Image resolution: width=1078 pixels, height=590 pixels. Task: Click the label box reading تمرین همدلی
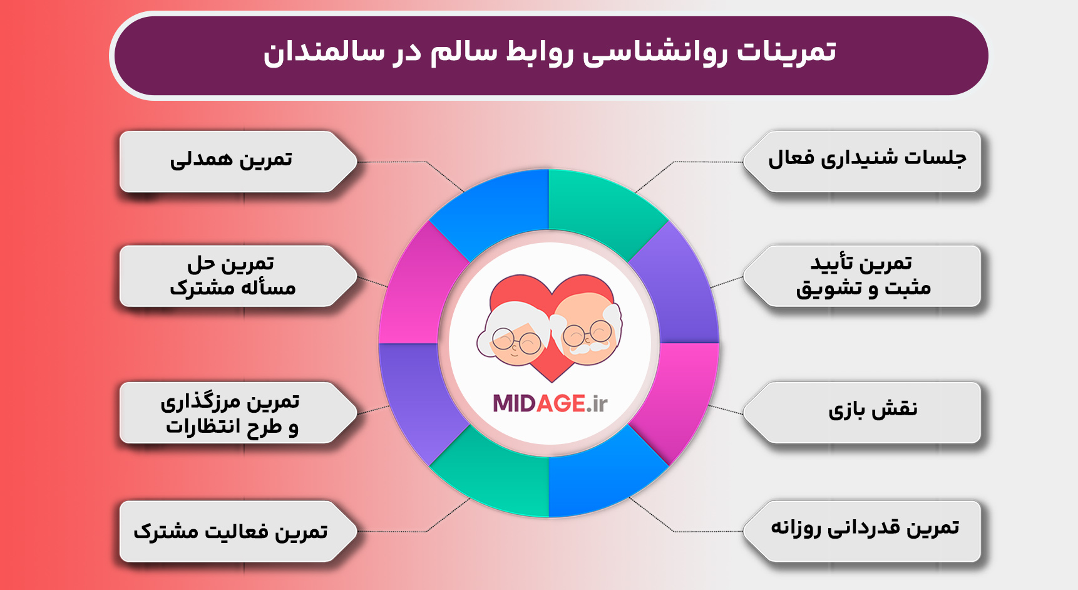pos(232,160)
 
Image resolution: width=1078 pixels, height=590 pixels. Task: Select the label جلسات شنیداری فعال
pos(867,160)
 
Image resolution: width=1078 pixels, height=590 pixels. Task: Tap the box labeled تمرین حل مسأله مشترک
pos(232,276)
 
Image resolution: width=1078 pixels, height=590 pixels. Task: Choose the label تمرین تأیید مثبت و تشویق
pos(864,276)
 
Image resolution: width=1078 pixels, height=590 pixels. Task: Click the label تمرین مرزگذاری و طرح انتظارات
pos(230,413)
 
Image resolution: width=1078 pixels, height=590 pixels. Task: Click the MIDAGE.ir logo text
pos(550,404)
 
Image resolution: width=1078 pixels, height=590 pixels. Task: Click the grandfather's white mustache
pos(588,346)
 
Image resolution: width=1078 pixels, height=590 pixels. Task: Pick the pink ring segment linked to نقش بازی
pos(682,395)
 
